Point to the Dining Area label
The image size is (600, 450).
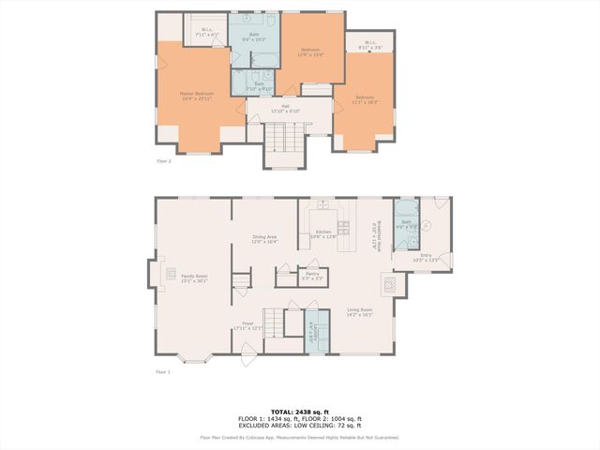click(x=264, y=239)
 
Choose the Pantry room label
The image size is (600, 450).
click(x=312, y=276)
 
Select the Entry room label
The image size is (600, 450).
click(x=426, y=257)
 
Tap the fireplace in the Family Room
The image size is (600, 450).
click(x=171, y=274)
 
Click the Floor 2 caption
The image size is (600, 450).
click(x=164, y=161)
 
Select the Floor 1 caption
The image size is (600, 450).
click(x=164, y=372)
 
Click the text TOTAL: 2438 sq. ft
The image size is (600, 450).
click(x=300, y=412)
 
